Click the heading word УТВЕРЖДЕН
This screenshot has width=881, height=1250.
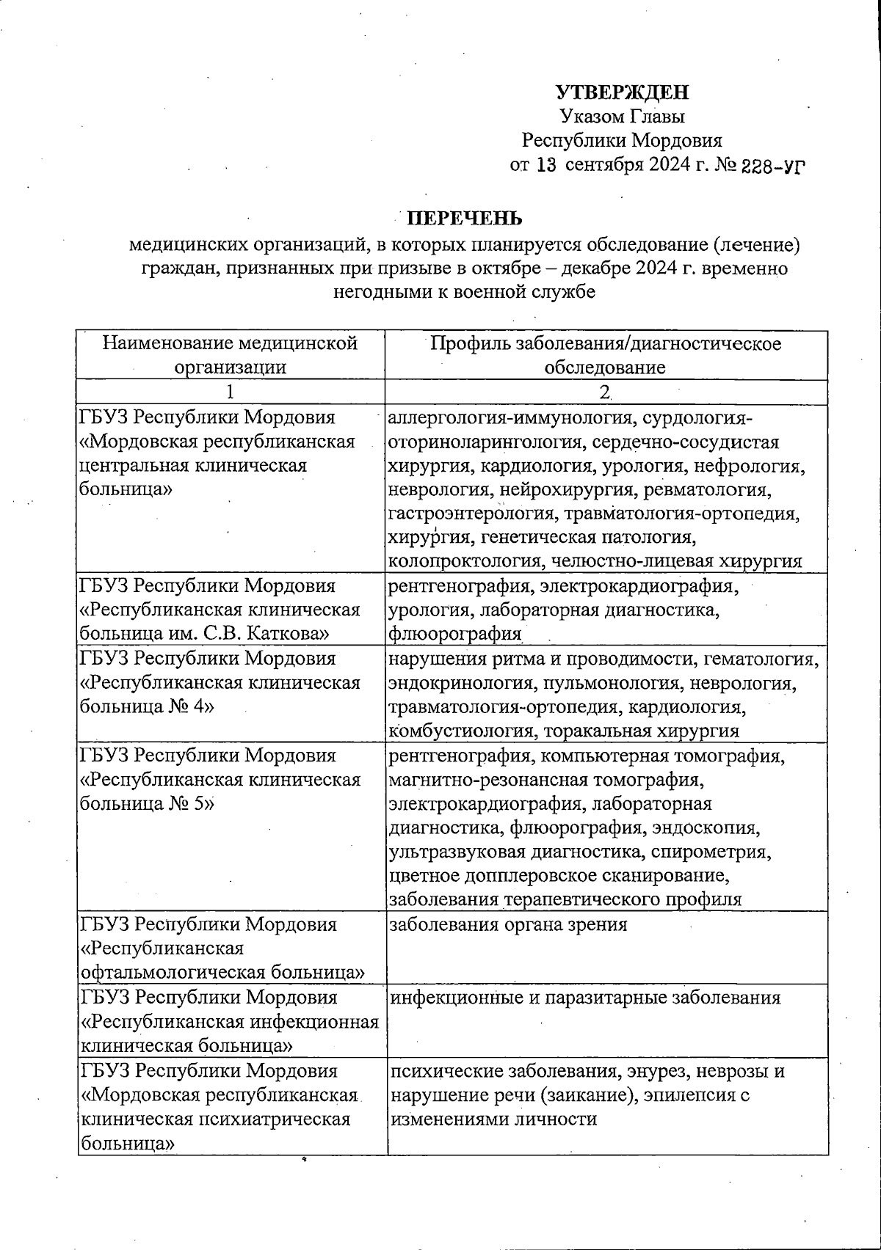click(x=622, y=92)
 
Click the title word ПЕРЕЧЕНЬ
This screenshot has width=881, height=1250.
click(x=465, y=219)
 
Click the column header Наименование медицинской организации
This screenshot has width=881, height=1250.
click(x=230, y=354)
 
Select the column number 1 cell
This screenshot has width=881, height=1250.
click(x=230, y=392)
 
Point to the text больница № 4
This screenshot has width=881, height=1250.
click(x=147, y=706)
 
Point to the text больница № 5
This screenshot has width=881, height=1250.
click(x=147, y=803)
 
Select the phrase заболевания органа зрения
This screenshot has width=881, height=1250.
click(x=507, y=924)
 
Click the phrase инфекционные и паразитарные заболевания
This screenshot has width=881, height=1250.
click(x=584, y=998)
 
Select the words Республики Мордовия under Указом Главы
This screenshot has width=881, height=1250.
click(x=622, y=140)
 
